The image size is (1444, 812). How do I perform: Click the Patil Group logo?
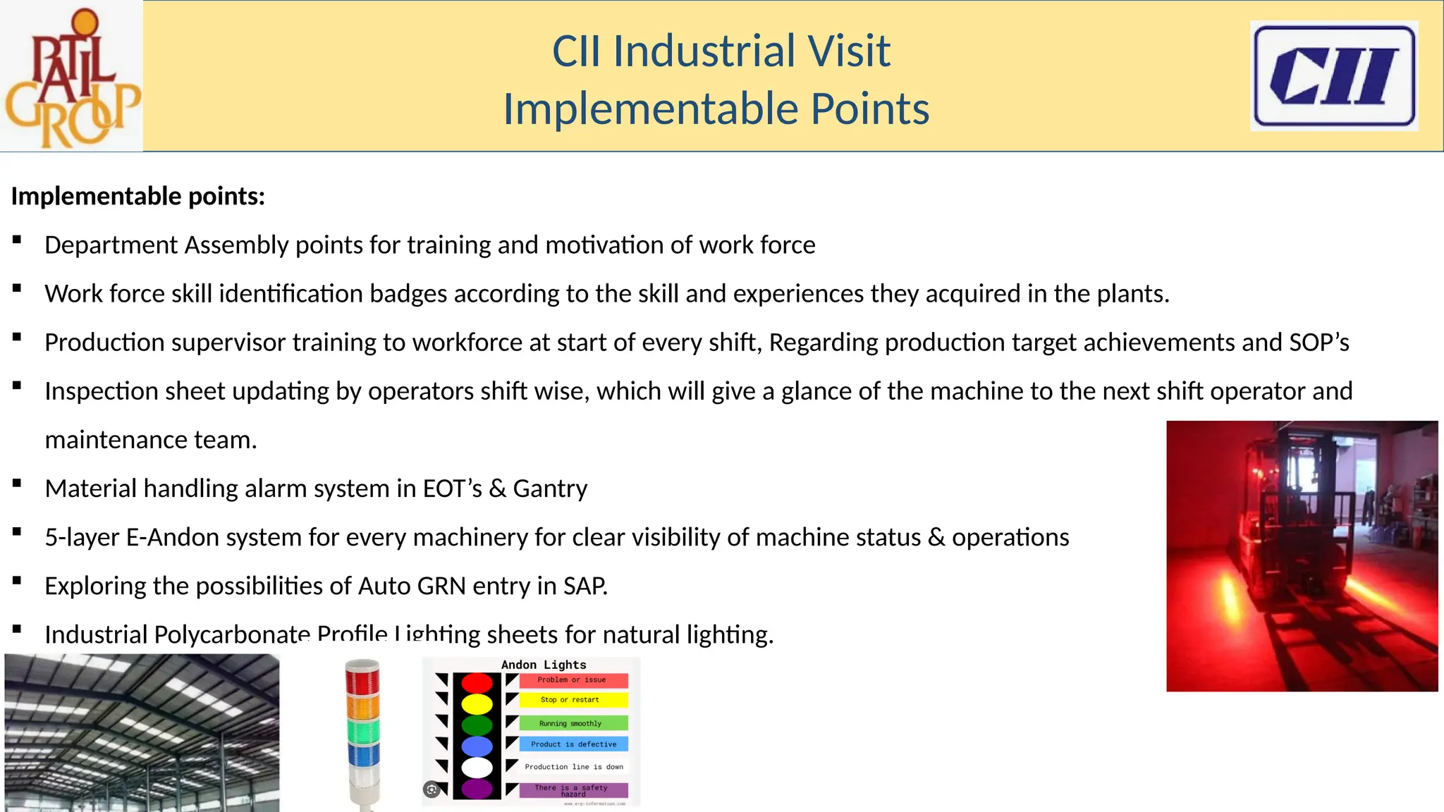click(71, 76)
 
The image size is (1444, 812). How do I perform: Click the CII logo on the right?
click(1333, 76)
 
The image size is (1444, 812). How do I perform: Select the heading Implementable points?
click(138, 196)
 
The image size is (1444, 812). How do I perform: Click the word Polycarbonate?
click(232, 634)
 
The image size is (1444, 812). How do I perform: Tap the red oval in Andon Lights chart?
click(477, 682)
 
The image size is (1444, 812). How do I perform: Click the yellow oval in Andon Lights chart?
click(477, 703)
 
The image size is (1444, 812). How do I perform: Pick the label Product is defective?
click(573, 744)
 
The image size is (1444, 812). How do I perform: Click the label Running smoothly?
click(570, 723)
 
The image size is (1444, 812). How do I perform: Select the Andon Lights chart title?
click(544, 665)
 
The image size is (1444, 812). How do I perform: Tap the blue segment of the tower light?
click(363, 756)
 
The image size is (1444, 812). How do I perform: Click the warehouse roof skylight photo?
click(142, 732)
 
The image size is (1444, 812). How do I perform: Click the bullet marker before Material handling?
click(17, 484)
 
